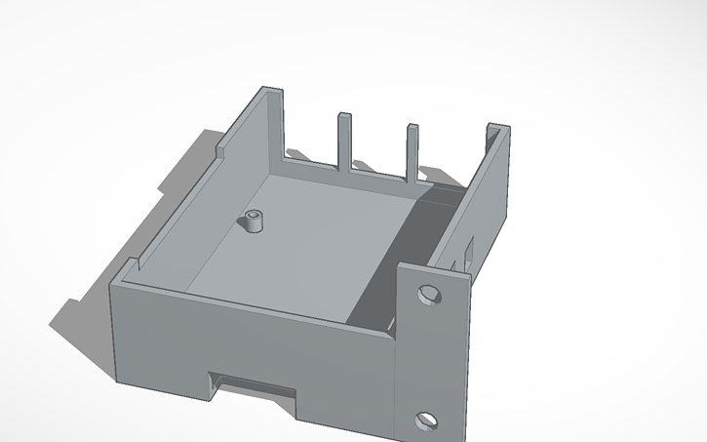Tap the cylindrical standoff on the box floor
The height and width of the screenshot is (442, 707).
click(x=255, y=221)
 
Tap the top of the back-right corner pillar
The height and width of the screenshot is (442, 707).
click(x=497, y=127)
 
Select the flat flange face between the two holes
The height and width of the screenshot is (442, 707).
click(x=426, y=356)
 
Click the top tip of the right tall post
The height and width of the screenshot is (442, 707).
click(x=412, y=126)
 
